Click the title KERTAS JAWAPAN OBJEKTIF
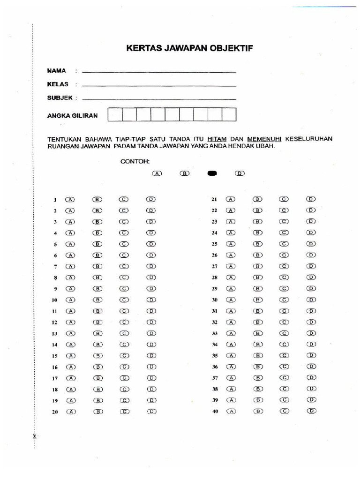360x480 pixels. point(190,49)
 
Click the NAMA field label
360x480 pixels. point(56,71)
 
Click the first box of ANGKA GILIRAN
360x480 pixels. point(115,115)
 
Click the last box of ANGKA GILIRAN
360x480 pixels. point(229,115)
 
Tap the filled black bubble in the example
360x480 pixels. point(212,173)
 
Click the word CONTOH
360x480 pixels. point(135,161)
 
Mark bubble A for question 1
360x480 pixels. point(70,199)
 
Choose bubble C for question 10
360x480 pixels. point(124,300)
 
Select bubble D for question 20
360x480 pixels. point(151,412)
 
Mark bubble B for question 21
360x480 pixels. point(258,199)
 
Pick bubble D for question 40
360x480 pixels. point(311,411)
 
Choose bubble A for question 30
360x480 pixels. point(231,300)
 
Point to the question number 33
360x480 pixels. point(215,334)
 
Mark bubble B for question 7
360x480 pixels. point(97,266)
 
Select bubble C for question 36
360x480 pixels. point(284,367)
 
